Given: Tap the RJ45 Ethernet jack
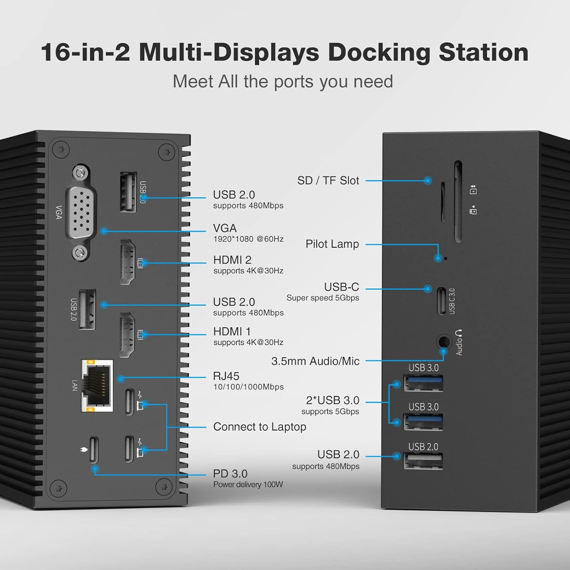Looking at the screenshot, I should pyautogui.click(x=97, y=386).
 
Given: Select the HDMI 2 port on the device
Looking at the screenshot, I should pyautogui.click(x=128, y=262).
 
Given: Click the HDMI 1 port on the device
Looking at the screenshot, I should pyautogui.click(x=127, y=335).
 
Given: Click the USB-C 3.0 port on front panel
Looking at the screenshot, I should pyautogui.click(x=441, y=301).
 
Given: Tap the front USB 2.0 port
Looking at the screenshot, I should pyautogui.click(x=423, y=461).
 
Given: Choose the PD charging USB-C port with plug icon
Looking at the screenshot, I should pyautogui.click(x=93, y=450).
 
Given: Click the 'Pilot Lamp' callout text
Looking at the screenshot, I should pyautogui.click(x=332, y=244).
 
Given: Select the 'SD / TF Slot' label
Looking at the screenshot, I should pyautogui.click(x=328, y=180).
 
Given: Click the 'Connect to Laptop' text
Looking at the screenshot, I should pyautogui.click(x=260, y=427).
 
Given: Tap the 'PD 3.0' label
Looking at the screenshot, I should pyautogui.click(x=230, y=473).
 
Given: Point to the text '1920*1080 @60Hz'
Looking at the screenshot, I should pyautogui.click(x=248, y=239).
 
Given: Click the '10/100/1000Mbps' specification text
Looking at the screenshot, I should pyautogui.click(x=248, y=387).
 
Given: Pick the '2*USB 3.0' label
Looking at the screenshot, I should pyautogui.click(x=332, y=400).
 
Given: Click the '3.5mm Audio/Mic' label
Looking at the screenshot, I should pyautogui.click(x=315, y=361).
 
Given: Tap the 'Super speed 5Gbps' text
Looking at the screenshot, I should pyautogui.click(x=323, y=298).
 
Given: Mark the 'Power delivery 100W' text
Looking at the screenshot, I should pyautogui.click(x=248, y=484).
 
